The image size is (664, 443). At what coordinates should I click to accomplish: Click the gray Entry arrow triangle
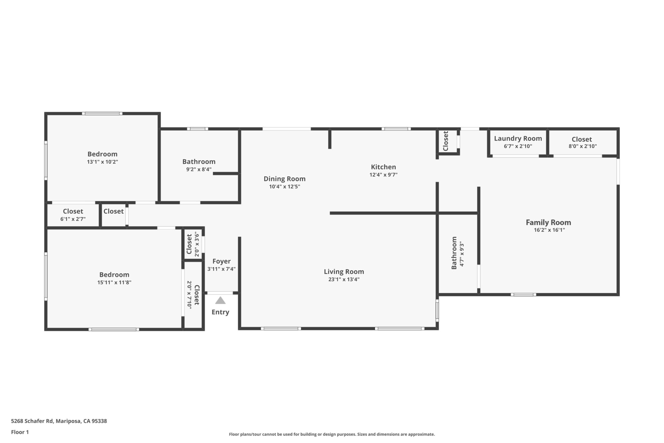220,301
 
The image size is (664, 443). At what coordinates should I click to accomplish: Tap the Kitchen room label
383,167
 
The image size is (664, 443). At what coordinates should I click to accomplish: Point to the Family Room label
548,223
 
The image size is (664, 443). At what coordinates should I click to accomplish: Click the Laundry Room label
518,138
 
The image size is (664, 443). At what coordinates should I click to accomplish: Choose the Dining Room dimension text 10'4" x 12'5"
284,186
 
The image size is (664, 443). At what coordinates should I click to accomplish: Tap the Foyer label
221,261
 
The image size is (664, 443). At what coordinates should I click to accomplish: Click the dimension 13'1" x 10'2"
102,162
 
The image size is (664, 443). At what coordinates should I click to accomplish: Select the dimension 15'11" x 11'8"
114,282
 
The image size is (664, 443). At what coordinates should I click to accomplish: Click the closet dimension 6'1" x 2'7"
73,219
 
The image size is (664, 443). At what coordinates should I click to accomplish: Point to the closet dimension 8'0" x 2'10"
582,146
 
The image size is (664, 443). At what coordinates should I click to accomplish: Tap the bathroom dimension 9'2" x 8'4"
199,170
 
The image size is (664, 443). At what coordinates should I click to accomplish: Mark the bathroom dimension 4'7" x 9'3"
462,254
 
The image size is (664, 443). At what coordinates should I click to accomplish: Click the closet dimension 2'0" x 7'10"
189,295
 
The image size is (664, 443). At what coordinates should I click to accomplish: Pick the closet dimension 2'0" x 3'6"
197,244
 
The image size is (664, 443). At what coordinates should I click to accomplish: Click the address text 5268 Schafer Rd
32,421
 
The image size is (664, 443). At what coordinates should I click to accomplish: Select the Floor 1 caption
20,432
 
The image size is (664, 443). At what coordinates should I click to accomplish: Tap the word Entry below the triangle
220,312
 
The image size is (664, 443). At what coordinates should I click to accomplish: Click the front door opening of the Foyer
220,293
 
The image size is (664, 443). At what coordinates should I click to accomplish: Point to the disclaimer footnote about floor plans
332,434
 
